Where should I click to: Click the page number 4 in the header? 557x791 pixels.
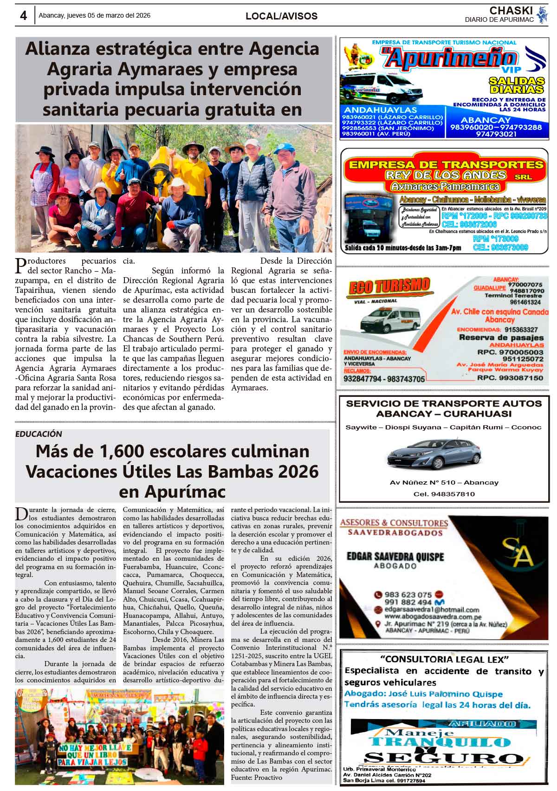point(23,15)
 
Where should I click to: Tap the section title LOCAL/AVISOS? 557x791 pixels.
point(281,16)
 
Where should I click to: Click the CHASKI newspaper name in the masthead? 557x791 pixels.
point(510,10)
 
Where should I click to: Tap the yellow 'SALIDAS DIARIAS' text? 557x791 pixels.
point(516,85)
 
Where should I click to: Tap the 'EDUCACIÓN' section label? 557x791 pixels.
point(39,434)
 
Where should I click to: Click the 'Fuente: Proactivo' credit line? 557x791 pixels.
point(256,778)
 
